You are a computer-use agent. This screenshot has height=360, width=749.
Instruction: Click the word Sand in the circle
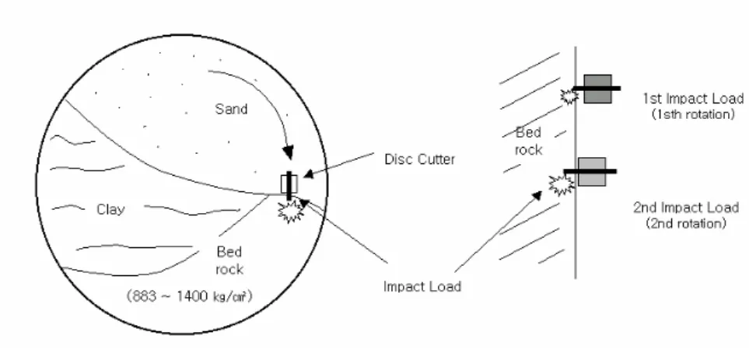[x=231, y=109]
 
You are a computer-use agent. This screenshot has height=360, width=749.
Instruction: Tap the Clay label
[x=110, y=209]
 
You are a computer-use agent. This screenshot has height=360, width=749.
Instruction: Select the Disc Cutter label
[x=420, y=159]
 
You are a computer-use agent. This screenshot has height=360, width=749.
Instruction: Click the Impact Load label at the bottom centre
[x=422, y=286]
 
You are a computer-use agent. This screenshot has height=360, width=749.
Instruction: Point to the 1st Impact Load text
[x=693, y=98]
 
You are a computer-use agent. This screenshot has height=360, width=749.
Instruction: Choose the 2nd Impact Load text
[x=687, y=208]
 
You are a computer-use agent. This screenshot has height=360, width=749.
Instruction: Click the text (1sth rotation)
[x=693, y=114]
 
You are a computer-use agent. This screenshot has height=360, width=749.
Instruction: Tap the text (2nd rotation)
[x=687, y=223]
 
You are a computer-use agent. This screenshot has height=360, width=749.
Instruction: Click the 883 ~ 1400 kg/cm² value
[x=190, y=296]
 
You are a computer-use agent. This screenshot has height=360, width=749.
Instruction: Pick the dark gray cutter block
[x=597, y=89]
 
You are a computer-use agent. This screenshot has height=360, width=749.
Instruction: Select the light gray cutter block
[x=592, y=172]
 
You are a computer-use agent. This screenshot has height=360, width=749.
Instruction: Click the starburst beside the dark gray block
[x=569, y=96]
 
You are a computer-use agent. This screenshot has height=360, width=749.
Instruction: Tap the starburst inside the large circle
[x=291, y=211]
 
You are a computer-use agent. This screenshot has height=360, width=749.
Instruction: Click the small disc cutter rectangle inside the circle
[x=289, y=183]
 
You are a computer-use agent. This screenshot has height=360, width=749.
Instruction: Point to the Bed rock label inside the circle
[x=229, y=260]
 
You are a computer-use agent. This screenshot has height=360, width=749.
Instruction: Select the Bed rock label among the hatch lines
[x=528, y=142]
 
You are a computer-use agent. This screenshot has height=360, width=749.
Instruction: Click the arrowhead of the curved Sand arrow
[x=288, y=152]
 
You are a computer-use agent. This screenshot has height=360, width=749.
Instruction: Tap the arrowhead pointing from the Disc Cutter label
[x=309, y=173]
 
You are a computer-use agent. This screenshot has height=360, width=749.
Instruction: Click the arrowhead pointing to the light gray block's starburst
[x=537, y=195]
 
